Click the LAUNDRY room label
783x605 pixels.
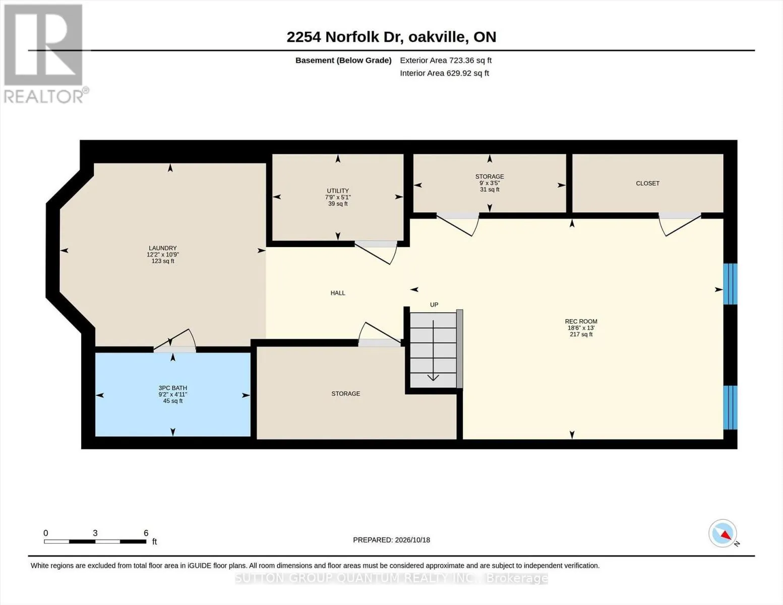point(162,248)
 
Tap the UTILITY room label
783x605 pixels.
point(338,191)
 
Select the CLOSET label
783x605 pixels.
point(647,184)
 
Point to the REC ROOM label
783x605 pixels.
point(581,322)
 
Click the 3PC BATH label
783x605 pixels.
point(172,388)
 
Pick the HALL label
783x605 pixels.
point(338,293)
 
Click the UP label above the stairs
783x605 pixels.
point(434,305)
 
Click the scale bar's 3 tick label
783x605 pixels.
point(95,533)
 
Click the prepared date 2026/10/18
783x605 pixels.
point(412,540)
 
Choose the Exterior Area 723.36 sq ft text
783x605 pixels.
point(446,60)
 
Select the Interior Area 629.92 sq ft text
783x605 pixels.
point(444,73)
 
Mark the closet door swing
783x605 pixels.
point(680,224)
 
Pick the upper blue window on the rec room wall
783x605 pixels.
point(731,284)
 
